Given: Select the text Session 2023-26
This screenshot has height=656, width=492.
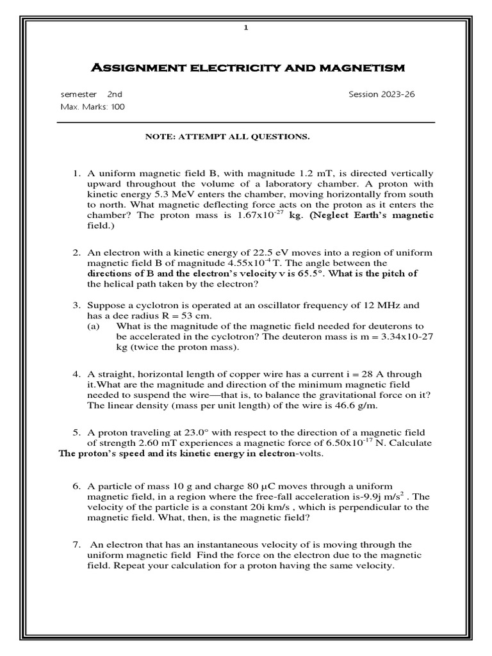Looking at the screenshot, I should point(381,94).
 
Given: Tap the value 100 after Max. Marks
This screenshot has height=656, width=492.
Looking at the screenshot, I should point(118,107).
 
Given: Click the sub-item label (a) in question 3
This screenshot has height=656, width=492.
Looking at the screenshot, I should point(94,326).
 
